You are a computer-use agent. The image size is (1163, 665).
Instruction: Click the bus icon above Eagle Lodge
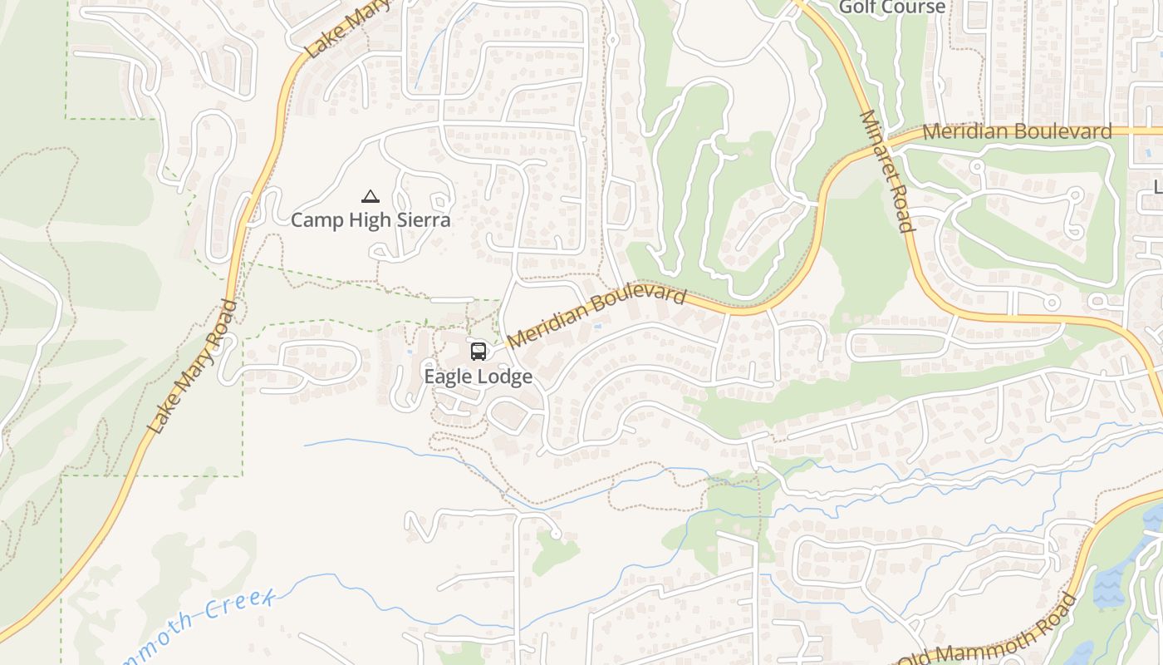pos(478,352)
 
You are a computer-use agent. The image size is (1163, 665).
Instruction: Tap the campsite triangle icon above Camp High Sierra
pos(370,197)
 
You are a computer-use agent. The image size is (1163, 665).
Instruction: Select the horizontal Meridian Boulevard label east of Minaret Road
pos(1017,131)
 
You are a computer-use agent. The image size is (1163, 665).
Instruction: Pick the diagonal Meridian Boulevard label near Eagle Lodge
pos(596,318)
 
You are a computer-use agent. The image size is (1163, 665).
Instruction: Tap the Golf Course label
pos(891,7)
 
